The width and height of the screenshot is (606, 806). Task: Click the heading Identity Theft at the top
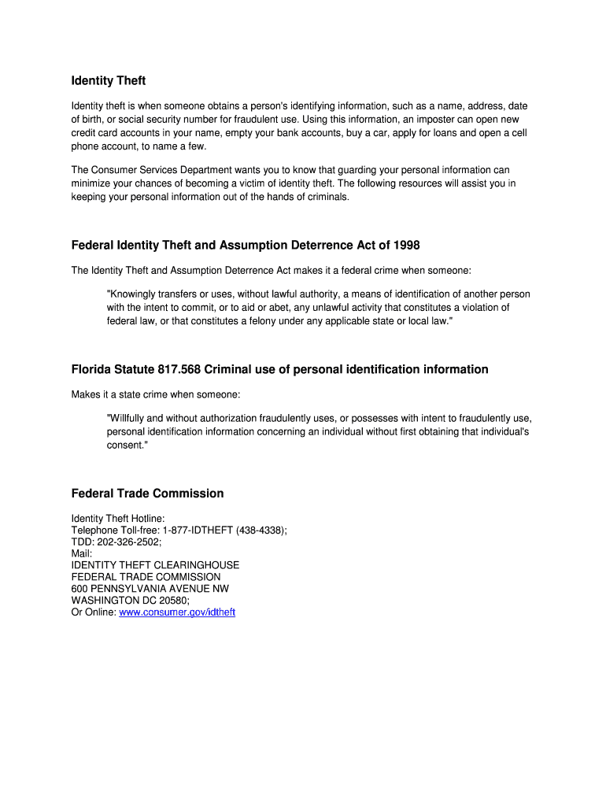point(109,81)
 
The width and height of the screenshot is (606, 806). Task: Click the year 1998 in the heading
point(405,246)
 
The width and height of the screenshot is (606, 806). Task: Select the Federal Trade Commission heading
point(147,494)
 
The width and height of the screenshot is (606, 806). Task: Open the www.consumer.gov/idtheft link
point(176,612)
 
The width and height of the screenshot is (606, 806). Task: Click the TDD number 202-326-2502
point(128,542)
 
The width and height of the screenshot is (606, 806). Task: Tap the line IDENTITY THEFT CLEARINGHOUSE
point(155,565)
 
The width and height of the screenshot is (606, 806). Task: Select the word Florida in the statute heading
point(93,369)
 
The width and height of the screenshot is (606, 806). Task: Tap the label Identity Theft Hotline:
point(118,518)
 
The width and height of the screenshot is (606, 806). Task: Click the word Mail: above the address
point(82,553)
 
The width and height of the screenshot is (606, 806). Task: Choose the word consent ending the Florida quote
point(126,446)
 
